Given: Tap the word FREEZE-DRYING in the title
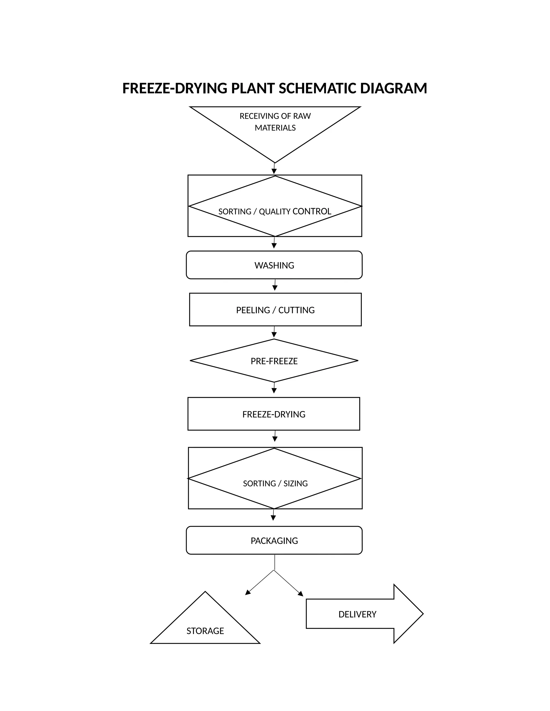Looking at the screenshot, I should pyautogui.click(x=175, y=89).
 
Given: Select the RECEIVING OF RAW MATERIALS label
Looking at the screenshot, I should pyautogui.click(x=275, y=122).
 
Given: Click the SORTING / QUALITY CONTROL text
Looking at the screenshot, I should pyautogui.click(x=275, y=212).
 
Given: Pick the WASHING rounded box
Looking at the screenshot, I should pyautogui.click(x=274, y=265).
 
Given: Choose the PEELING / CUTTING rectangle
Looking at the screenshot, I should pyautogui.click(x=275, y=310).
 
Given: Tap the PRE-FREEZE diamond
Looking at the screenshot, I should pyautogui.click(x=274, y=361).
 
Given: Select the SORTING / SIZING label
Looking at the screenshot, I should pyautogui.click(x=275, y=483).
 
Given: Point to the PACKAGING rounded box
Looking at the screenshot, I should pyautogui.click(x=274, y=541).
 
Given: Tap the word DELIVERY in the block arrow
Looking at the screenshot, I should pyautogui.click(x=357, y=614).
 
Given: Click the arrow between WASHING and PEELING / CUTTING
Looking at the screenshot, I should pyautogui.click(x=275, y=285).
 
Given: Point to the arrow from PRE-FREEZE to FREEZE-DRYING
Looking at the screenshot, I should pyautogui.click(x=274, y=389).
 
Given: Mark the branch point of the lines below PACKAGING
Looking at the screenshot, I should pyautogui.click(x=274, y=570).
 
